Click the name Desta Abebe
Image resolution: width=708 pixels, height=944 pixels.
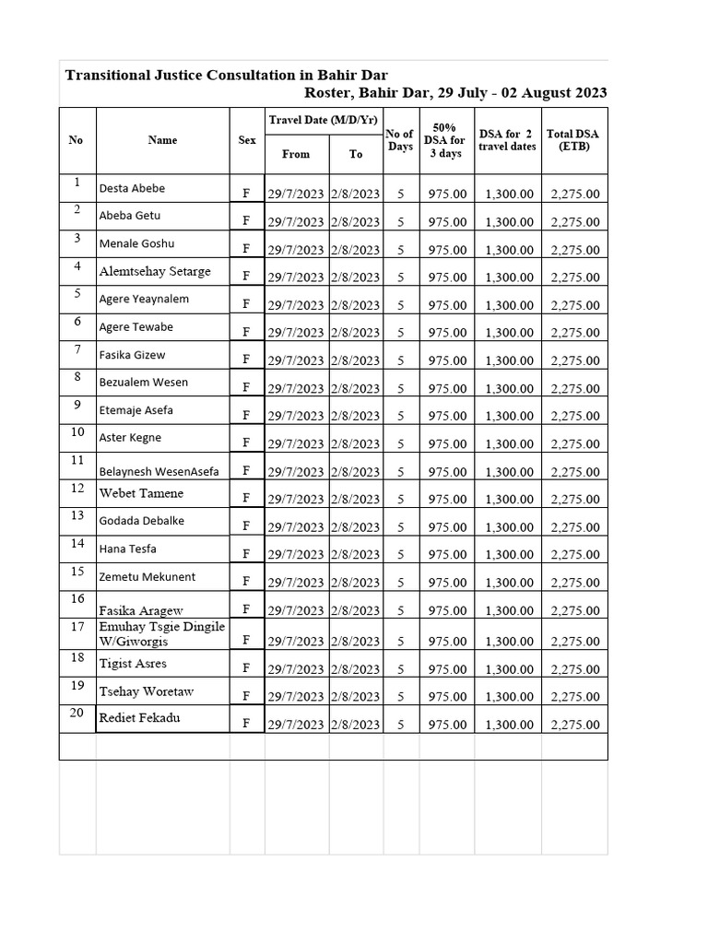pos(132,188)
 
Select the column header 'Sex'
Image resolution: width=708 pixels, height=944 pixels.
pos(247,140)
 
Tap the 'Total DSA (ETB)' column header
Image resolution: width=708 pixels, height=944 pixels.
pos(572,140)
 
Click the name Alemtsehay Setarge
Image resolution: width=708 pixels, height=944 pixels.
pos(155,271)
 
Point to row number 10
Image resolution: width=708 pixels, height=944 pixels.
pos(77,432)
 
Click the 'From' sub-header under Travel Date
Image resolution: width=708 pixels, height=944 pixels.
pos(296,154)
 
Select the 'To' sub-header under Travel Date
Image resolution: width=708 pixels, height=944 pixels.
pos(356,154)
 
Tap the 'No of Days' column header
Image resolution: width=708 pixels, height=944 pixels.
pos(400,140)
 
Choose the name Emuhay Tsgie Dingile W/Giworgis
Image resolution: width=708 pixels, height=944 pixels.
pos(161,634)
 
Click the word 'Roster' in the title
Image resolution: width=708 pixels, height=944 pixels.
pos(329,93)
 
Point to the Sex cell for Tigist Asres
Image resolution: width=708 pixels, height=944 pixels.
pos(246,668)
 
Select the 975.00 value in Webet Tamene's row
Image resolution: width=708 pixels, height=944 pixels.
pos(447,500)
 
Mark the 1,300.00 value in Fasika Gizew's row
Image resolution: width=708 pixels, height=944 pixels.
pos(510,360)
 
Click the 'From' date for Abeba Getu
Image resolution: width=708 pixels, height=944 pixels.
pos(296,222)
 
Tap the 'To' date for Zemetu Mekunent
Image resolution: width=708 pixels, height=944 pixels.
pos(356,583)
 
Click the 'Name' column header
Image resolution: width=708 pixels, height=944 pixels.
pos(162,140)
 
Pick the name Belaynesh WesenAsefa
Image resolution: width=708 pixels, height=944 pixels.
pos(159,471)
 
